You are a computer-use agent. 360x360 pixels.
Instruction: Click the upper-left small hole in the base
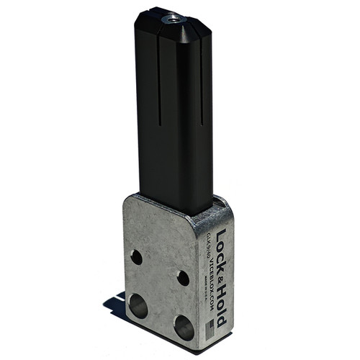tap(136, 256)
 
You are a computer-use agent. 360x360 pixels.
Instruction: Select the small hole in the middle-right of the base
tap(183, 278)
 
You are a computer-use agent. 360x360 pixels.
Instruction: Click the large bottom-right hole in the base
tap(184, 328)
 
